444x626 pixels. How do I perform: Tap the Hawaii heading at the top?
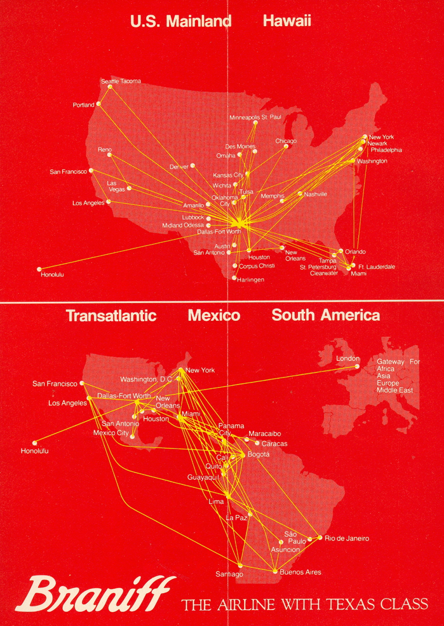[x=287, y=20]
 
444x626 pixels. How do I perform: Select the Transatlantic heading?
[x=111, y=315]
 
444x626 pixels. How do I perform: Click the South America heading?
[x=325, y=315]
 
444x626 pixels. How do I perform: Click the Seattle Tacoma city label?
[x=121, y=81]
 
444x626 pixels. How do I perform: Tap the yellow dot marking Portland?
[x=99, y=104]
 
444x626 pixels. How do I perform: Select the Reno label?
[x=105, y=150]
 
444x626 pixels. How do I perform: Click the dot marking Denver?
[x=193, y=166]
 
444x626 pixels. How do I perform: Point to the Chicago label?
[x=286, y=141]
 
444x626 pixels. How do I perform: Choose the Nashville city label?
[x=315, y=194]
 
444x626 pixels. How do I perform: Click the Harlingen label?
[x=250, y=280]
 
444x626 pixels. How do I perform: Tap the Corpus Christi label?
[x=257, y=266]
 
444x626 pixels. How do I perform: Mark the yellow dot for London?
[x=357, y=367]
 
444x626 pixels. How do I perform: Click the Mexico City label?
[x=111, y=433]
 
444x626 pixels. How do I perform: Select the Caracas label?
[x=274, y=443]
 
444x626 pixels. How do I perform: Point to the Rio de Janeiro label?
[x=347, y=538]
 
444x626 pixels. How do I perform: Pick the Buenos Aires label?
[x=300, y=572]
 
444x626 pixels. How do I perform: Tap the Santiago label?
[x=229, y=574]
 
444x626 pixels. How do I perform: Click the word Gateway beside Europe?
[x=390, y=362]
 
